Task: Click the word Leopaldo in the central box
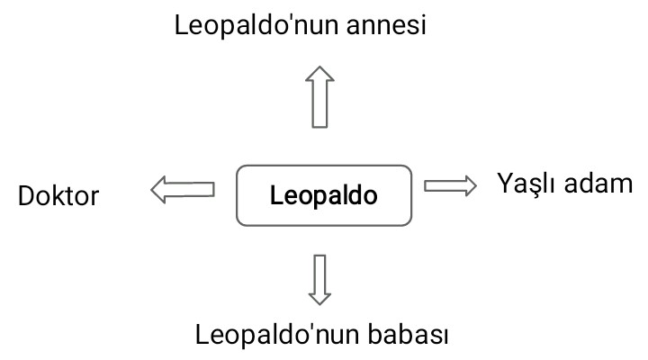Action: pos(324,195)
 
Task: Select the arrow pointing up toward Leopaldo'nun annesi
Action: pos(319,97)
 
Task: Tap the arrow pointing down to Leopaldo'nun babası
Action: pos(319,279)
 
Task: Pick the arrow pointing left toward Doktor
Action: pos(183,189)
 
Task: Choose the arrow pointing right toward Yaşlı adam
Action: pos(450,184)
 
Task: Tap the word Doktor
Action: pos(58,196)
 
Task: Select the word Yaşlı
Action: pos(527,184)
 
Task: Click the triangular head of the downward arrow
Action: pos(319,295)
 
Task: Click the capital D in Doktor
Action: pos(26,196)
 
